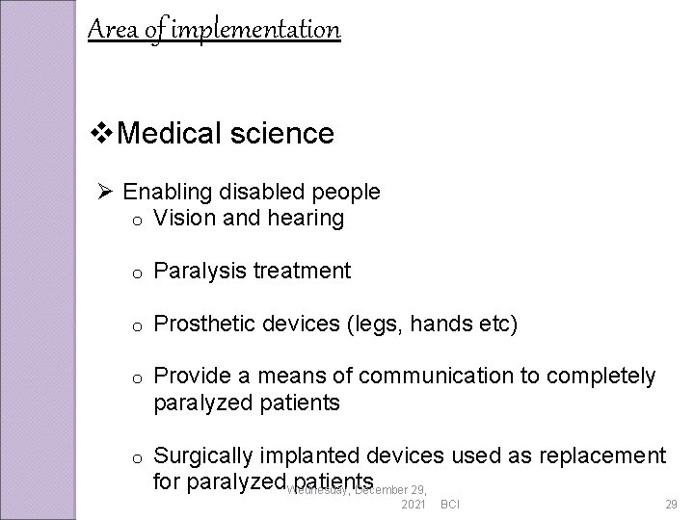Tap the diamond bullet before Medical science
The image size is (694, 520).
pyautogui.click(x=98, y=133)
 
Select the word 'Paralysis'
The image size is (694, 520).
pyautogui.click(x=200, y=272)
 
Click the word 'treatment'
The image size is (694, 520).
pyautogui.click(x=303, y=272)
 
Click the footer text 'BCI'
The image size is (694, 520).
pyautogui.click(x=449, y=505)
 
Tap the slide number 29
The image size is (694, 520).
pyautogui.click(x=671, y=505)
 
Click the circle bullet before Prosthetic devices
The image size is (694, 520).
pyautogui.click(x=139, y=326)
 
